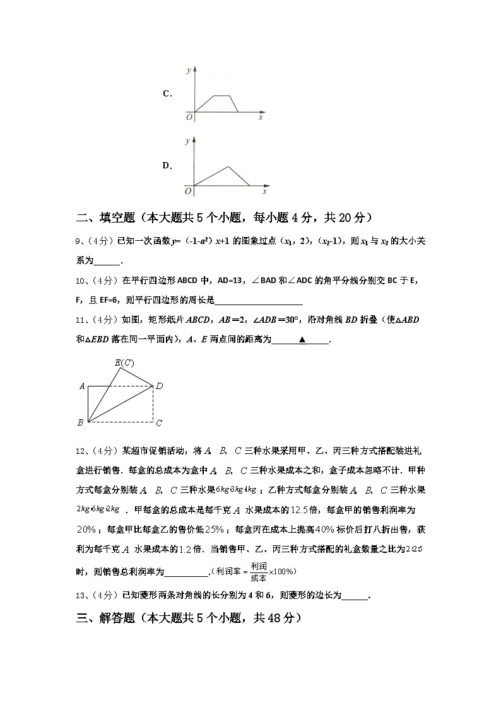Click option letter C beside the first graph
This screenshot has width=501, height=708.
167,94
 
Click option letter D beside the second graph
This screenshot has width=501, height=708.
167,166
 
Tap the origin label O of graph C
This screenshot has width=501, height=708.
188,117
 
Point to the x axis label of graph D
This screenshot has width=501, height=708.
264,190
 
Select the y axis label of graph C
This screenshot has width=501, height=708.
187,71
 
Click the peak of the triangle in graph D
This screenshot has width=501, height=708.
228,166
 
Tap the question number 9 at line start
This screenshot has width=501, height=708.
78,241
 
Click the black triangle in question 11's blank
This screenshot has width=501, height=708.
302,340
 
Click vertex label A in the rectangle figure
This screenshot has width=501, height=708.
82,386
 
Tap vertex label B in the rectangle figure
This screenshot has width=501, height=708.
80,422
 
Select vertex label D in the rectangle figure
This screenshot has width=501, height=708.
160,386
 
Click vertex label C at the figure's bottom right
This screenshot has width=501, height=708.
159,422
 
